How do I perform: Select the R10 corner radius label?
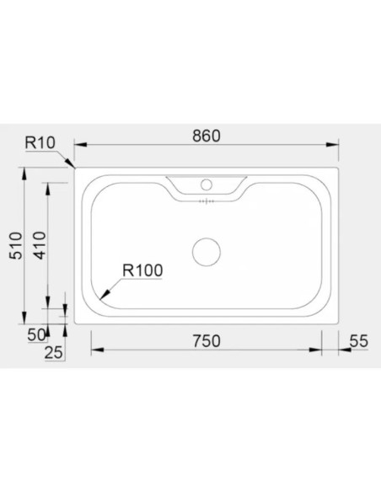[40, 142]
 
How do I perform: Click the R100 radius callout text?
[142, 270]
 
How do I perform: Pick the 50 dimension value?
[36, 334]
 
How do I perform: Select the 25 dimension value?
[53, 354]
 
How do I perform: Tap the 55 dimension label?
[358, 340]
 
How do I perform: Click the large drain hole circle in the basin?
[206, 251]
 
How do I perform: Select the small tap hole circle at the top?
[206, 184]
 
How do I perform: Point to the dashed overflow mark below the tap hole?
[206, 201]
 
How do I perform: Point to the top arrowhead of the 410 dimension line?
[48, 185]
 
